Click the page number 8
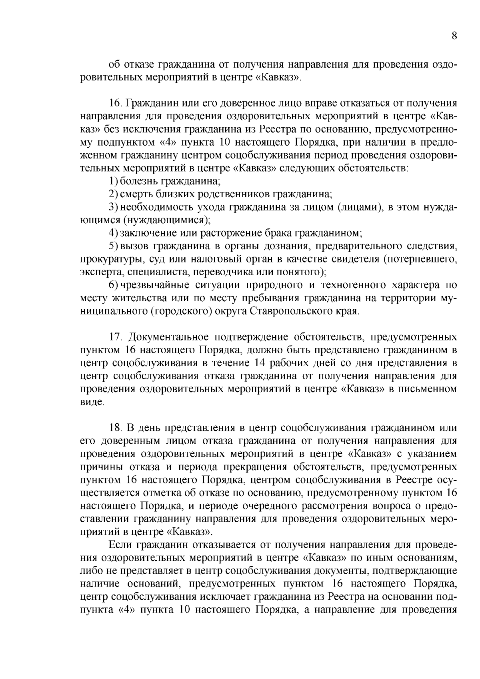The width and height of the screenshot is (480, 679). tap(454, 36)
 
